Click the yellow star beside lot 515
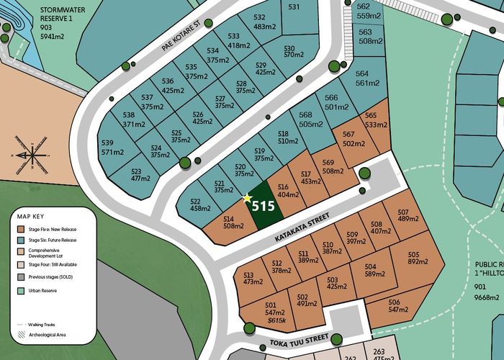(x=248, y=197)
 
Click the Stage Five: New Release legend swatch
(x=22, y=230)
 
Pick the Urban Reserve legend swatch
(x=22, y=290)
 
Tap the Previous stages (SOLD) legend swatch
(x=22, y=277)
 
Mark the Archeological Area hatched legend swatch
(x=22, y=334)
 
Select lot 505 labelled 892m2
(x=413, y=258)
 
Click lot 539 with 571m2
(x=113, y=148)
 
